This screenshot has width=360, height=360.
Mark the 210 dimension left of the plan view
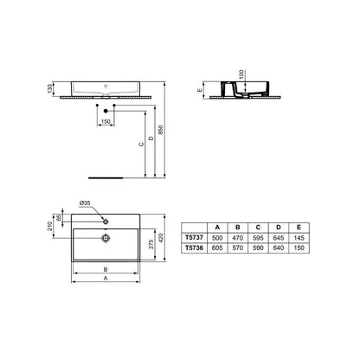50,228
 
